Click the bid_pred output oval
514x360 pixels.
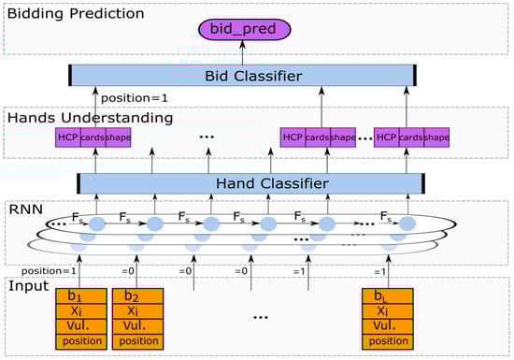245,29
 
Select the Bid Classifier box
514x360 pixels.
243,76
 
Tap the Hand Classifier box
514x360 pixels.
251,183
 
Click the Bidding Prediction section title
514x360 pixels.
76,14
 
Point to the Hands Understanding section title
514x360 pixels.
90,118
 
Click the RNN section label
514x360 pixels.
25,209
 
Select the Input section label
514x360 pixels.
29,286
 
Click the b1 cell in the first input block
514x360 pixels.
81,296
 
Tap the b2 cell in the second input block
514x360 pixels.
138,296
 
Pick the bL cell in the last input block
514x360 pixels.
388,296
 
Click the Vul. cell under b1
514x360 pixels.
81,326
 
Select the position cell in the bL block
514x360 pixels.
388,341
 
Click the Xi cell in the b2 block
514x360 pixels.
138,311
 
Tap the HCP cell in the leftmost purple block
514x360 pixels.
68,137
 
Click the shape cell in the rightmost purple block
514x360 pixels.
436,137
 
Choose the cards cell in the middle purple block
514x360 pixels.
318,137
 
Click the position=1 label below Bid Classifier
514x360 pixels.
135,98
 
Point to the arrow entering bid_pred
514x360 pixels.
243,52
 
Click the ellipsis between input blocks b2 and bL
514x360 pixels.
261,317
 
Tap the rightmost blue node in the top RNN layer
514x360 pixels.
407,223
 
